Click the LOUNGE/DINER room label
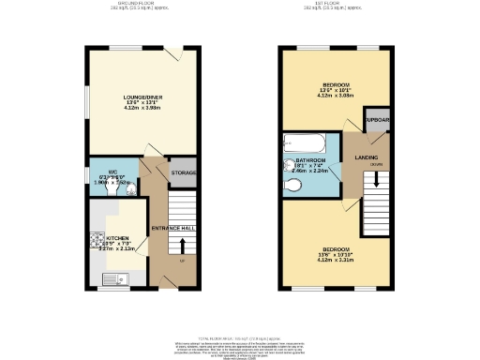pyautogui.click(x=143, y=97)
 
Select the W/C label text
pyautogui.click(x=112, y=172)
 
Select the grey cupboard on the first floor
pyautogui.click(x=375, y=122)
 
